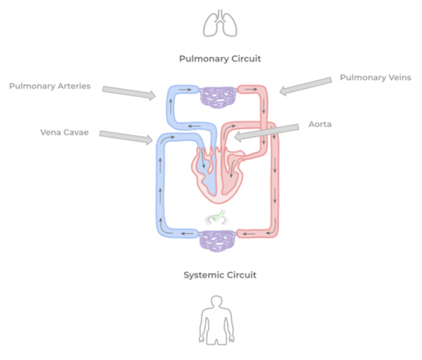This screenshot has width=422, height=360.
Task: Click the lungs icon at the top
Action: [219, 24]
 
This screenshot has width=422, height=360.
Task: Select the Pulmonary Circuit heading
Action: [219, 59]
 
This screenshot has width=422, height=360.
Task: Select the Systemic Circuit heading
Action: [219, 275]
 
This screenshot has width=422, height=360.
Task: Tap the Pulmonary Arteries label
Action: [50, 86]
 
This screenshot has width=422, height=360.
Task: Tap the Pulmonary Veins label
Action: [375, 77]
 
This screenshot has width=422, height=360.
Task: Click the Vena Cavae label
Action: [64, 132]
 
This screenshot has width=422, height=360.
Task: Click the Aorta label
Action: [320, 124]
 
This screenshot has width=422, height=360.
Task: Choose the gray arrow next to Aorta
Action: [266, 132]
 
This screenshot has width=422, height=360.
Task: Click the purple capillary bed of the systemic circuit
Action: [217, 239]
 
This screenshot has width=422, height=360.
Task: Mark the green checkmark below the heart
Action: [218, 217]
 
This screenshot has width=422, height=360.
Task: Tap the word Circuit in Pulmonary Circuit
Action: [245, 59]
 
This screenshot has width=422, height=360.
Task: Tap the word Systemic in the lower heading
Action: [203, 275]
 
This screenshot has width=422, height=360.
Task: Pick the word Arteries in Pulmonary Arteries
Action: [72, 86]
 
